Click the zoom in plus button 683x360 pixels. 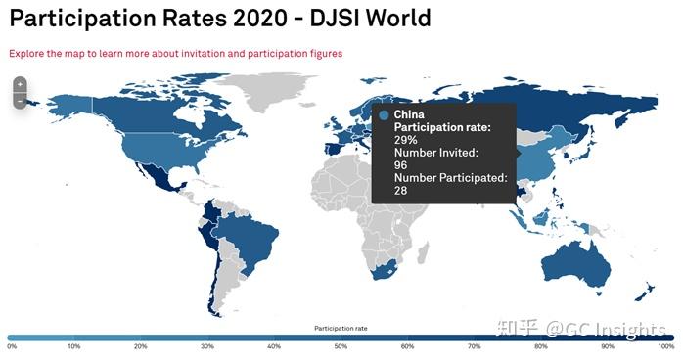click(x=19, y=85)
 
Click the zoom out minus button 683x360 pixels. click(x=19, y=101)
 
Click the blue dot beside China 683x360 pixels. click(x=384, y=115)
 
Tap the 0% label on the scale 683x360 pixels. click(x=11, y=346)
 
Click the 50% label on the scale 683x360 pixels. click(x=341, y=346)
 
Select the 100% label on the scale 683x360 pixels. click(x=666, y=346)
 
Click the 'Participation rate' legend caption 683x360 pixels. click(x=341, y=327)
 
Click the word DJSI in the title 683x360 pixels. click(x=316, y=19)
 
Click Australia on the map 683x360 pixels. click(x=577, y=262)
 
